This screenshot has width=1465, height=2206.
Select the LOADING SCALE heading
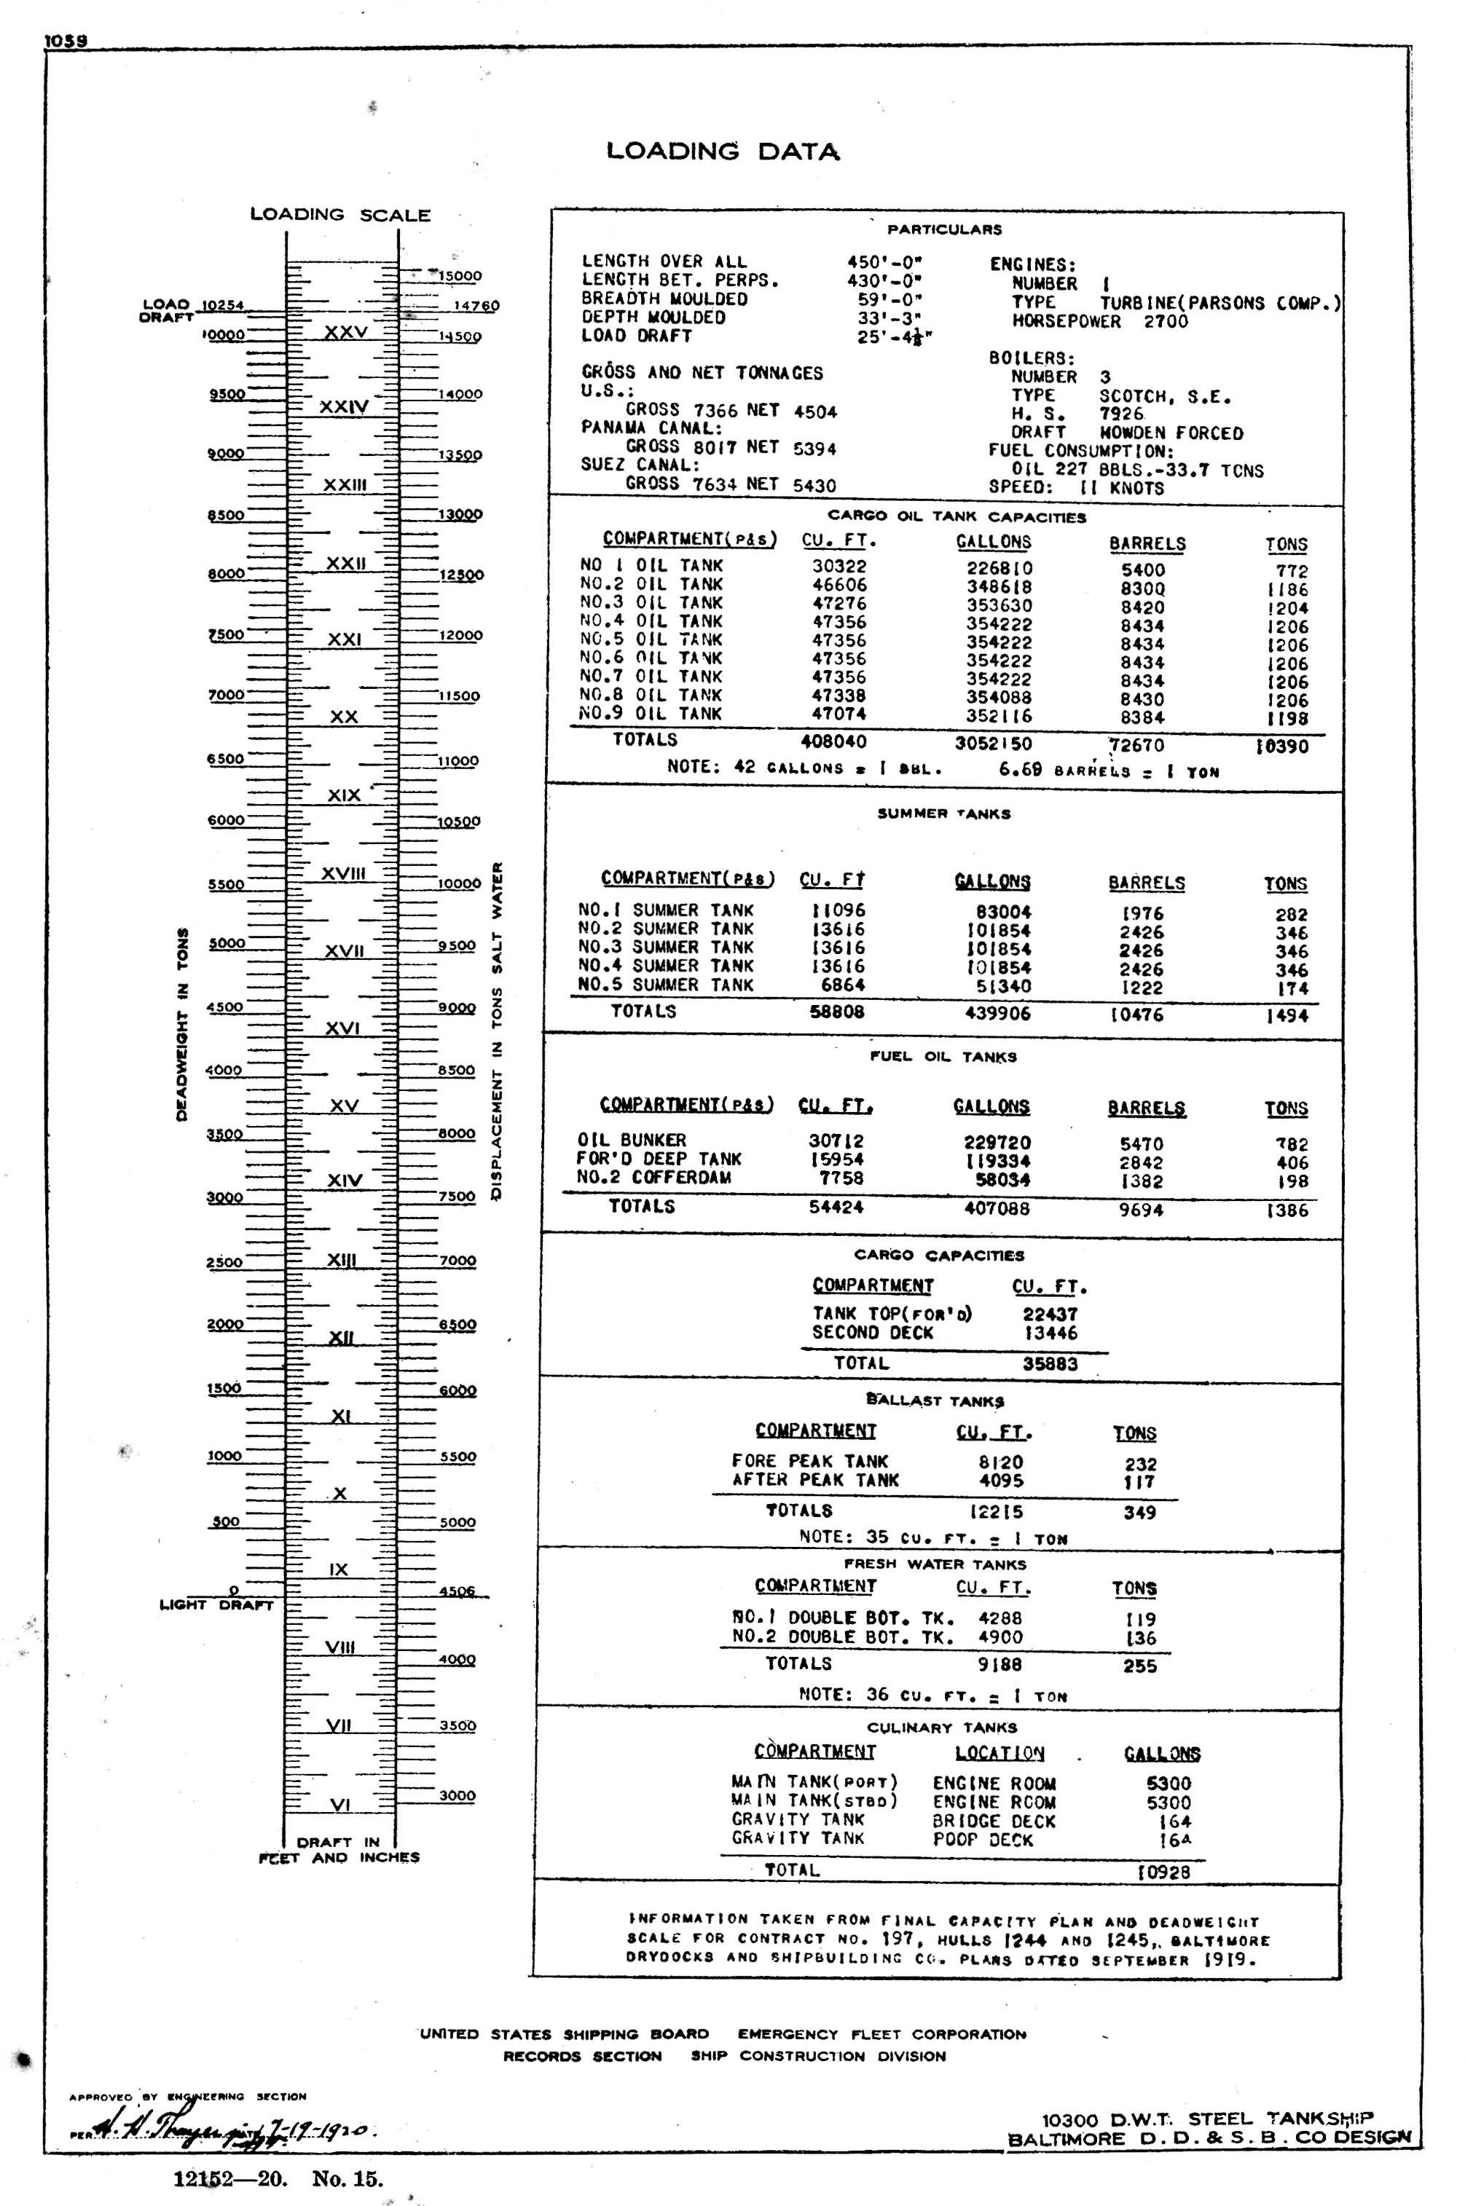[x=340, y=215]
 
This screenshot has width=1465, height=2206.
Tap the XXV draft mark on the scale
[x=346, y=333]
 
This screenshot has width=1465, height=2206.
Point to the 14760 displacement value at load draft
[x=476, y=305]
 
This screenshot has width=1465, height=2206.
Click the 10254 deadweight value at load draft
[x=222, y=305]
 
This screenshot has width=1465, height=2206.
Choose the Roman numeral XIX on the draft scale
[x=344, y=796]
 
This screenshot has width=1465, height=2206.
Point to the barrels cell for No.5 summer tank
[x=1142, y=988]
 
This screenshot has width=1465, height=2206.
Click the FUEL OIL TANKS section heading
[x=943, y=1057]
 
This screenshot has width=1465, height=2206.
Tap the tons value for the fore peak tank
[x=1140, y=1465]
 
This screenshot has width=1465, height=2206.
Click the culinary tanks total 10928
[x=1163, y=1872]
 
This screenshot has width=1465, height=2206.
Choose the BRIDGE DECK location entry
[x=993, y=1821]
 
